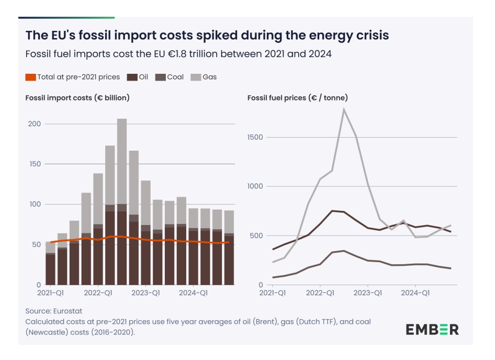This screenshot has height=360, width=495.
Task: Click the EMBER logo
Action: point(432,329)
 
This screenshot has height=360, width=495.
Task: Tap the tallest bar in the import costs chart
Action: point(122,201)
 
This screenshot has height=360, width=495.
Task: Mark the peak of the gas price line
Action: point(344,109)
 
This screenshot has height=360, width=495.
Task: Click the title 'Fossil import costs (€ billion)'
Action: point(77,98)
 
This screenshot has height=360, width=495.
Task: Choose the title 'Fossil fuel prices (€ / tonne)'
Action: point(297,98)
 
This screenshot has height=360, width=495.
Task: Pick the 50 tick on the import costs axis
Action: point(35,244)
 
